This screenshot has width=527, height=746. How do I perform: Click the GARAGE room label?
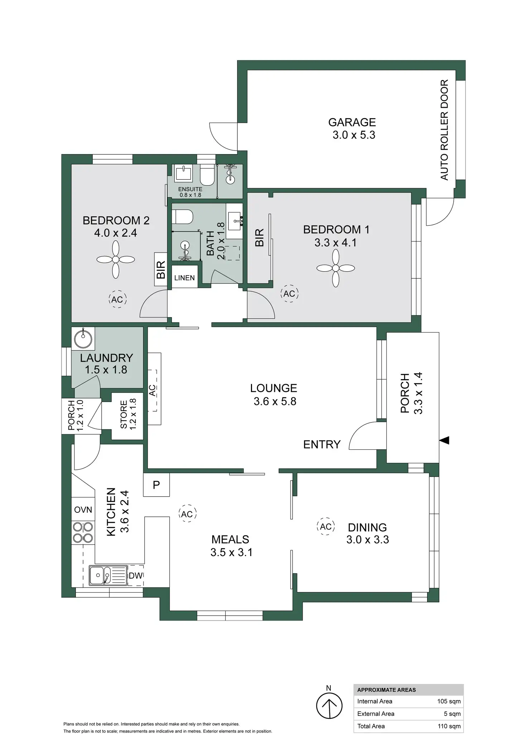(x=352, y=123)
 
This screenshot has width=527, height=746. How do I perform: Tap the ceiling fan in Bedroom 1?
(x=335, y=268)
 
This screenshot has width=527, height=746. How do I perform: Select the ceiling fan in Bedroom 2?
(x=116, y=259)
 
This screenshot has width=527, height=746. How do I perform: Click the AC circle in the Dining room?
(x=326, y=526)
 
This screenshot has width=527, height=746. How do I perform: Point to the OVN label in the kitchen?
(x=83, y=510)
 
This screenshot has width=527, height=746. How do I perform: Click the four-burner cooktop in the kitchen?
(x=83, y=532)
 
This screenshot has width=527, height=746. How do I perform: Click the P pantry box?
(x=156, y=485)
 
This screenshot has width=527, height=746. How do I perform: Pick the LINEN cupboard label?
(x=184, y=278)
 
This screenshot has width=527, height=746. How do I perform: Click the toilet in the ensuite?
(x=207, y=176)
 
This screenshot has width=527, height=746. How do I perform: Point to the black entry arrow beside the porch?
(x=444, y=440)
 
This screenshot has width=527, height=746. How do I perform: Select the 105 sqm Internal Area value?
(x=449, y=701)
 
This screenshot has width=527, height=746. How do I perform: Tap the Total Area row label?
(x=371, y=726)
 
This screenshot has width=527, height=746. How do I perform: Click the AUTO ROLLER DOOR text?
(x=444, y=130)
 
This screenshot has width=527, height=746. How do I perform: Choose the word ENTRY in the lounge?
(x=321, y=444)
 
